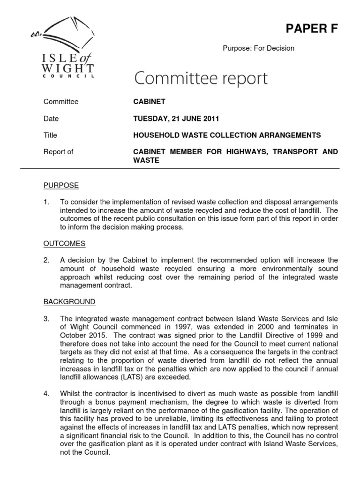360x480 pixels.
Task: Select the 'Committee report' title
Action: (201, 78)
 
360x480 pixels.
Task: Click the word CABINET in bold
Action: (150, 102)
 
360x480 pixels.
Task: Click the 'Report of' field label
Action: (58, 152)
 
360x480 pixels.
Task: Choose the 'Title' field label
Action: (50, 135)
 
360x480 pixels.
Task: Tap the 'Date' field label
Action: (51, 119)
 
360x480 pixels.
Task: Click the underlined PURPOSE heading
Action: (61, 186)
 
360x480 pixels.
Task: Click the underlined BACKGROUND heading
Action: (69, 301)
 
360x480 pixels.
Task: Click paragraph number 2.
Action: (46, 260)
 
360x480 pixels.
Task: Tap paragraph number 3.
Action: (46, 318)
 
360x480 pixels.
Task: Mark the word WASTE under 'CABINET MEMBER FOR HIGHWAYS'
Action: (147, 160)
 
